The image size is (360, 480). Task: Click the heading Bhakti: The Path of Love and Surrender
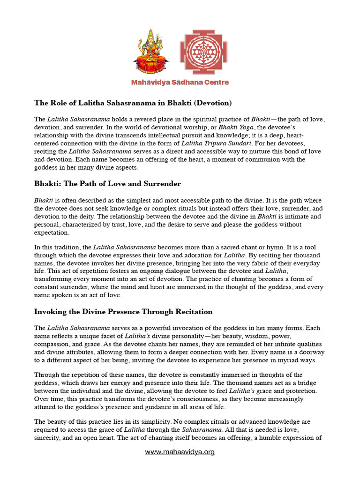(107, 183)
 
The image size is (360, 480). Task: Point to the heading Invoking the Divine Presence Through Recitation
(123, 311)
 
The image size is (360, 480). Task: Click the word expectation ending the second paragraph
(52, 232)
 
